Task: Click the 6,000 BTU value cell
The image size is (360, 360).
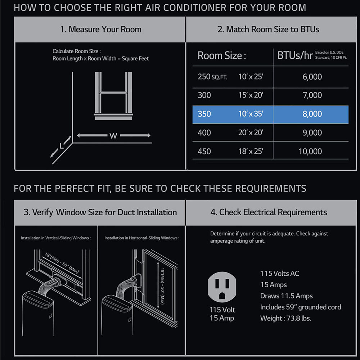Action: [x=312, y=77]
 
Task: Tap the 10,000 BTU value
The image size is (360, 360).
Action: [x=310, y=151]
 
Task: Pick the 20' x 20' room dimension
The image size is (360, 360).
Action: [x=251, y=132]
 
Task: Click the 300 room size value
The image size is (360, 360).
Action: [x=204, y=95]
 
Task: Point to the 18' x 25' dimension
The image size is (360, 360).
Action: [x=251, y=151]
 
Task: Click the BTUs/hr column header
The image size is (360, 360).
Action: [x=295, y=55]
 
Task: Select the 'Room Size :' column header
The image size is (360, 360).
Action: [x=222, y=55]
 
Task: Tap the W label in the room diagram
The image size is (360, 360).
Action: [x=113, y=136]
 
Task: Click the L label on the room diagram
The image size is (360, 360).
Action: [x=61, y=146]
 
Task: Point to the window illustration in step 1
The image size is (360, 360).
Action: [x=113, y=96]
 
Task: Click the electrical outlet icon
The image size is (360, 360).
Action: [x=222, y=287]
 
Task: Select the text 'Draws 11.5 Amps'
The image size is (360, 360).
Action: [x=286, y=296]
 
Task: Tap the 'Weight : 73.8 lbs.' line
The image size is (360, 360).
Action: [x=285, y=318]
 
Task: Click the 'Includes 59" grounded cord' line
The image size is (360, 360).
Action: [x=301, y=307]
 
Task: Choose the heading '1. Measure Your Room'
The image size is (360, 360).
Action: [x=101, y=30]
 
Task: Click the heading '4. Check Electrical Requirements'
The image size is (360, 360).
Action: [x=269, y=212]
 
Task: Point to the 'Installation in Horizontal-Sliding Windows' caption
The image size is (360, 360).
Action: [x=142, y=238]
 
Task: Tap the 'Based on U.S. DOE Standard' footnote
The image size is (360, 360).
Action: [x=331, y=55]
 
